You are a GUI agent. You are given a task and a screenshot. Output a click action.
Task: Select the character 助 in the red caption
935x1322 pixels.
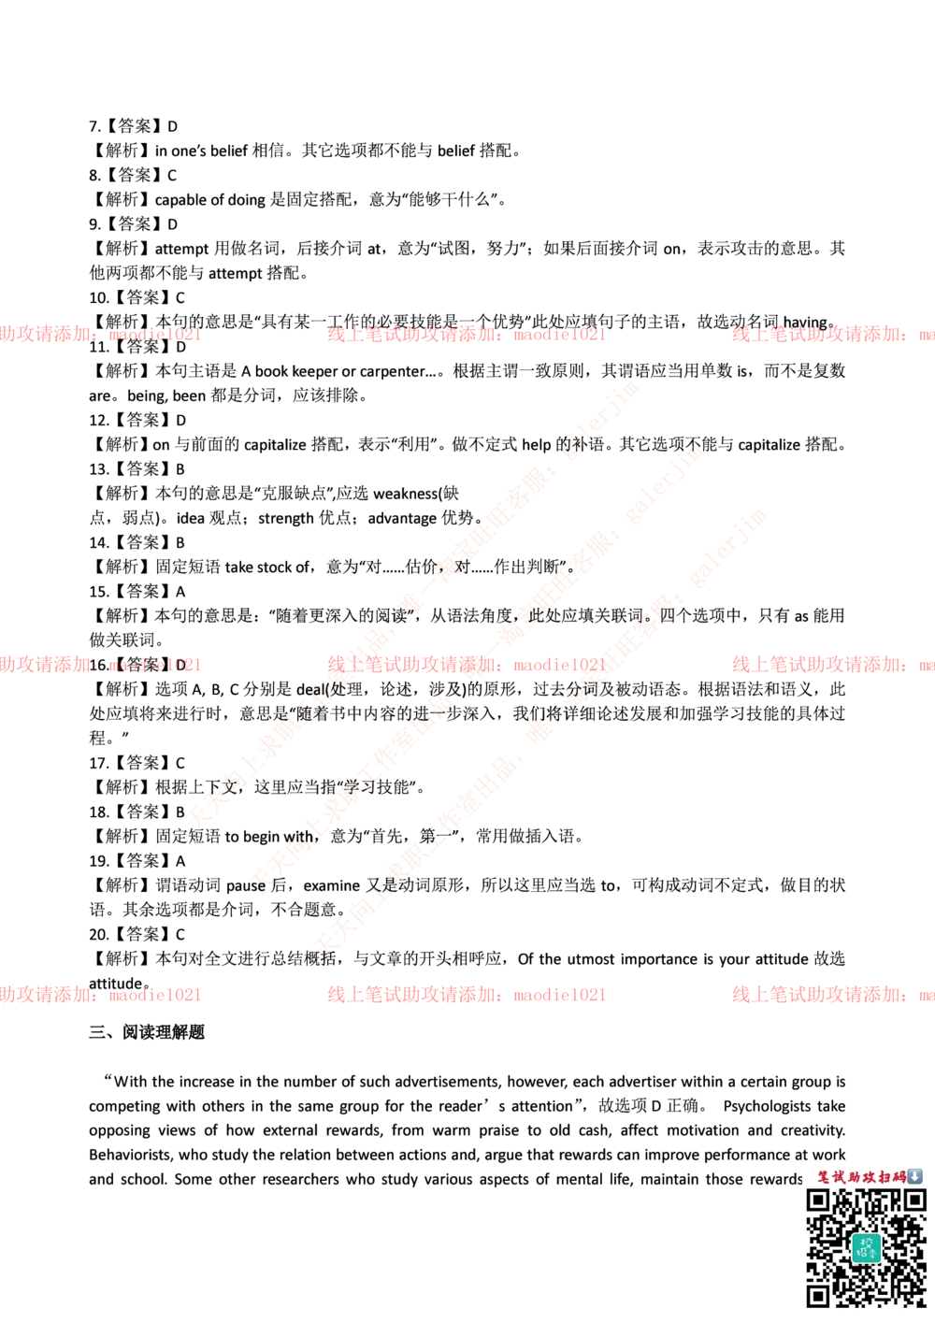tap(856, 1176)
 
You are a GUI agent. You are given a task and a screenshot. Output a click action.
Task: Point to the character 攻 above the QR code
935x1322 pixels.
tap(870, 1176)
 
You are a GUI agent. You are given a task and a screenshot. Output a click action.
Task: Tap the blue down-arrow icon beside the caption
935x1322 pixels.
tap(915, 1176)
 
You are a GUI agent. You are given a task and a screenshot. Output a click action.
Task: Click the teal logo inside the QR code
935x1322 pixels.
tap(866, 1247)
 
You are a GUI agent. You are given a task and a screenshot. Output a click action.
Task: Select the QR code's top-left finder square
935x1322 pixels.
tap(818, 1200)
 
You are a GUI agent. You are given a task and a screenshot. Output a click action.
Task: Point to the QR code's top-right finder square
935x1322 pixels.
tap(914, 1200)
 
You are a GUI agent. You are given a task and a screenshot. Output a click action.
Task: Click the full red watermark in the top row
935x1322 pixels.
tap(466, 334)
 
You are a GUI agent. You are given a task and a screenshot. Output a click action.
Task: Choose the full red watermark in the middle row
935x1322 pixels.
tap(466, 665)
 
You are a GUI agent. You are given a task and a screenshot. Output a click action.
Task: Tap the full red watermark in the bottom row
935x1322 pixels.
tap(466, 995)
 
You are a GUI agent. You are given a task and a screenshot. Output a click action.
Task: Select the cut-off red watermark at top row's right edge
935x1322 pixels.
tap(832, 334)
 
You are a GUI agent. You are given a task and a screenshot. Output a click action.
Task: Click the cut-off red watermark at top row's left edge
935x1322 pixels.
tap(100, 334)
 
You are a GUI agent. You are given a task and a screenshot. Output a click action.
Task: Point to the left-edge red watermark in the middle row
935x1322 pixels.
tap(100, 665)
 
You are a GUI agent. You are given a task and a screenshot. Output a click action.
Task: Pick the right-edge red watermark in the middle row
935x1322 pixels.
tap(832, 665)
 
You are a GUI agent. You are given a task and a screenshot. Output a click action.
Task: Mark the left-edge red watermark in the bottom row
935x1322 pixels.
tap(100, 995)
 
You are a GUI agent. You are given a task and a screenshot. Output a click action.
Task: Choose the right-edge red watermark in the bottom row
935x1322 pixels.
tap(832, 995)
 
